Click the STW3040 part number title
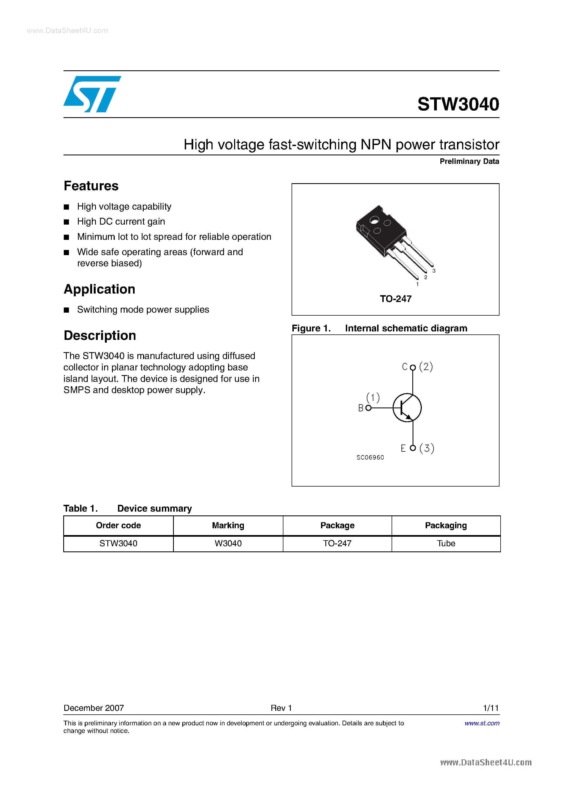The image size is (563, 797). coord(458,104)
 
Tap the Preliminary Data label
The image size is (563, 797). coord(469,161)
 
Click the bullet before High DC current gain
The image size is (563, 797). coord(66,222)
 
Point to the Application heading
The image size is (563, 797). coord(99,289)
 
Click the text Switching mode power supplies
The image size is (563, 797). coord(143,310)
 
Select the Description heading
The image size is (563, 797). coord(100,336)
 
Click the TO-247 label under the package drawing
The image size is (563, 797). coord(395,299)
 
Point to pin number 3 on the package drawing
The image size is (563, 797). coord(434,271)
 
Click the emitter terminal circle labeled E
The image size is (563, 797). coord(413,448)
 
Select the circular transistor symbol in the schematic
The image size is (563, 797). coord(407,408)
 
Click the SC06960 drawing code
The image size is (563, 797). coord(370,457)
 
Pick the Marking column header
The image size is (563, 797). coord(228,526)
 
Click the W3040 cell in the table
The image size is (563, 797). coord(228,544)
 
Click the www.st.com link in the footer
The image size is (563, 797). coord(482,723)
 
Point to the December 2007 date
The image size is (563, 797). coord(94,708)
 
